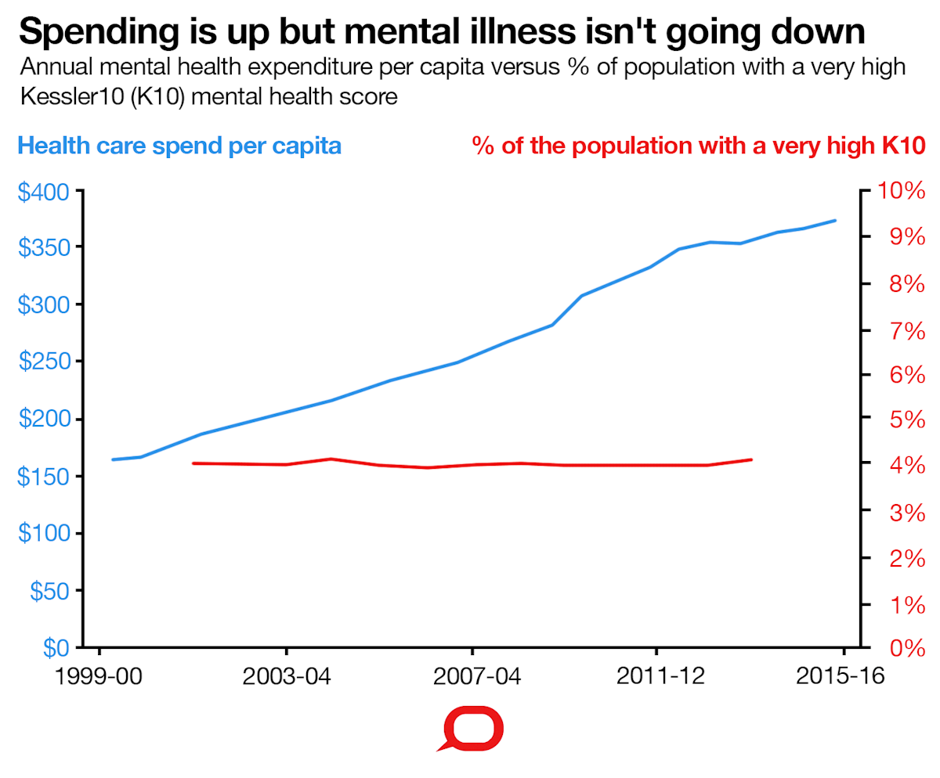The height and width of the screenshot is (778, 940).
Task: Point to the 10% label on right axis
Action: (x=902, y=191)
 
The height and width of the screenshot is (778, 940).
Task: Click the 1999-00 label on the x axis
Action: (x=99, y=675)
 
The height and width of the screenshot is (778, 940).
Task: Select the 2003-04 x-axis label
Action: (x=287, y=675)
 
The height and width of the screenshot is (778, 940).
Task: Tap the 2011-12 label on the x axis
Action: (x=656, y=675)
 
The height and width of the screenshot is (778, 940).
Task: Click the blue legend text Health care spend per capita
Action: (x=179, y=146)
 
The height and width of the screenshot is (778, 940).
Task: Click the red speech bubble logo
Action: (x=471, y=729)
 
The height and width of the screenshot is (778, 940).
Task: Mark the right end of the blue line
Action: (x=836, y=221)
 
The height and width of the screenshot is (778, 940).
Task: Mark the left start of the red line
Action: (x=193, y=463)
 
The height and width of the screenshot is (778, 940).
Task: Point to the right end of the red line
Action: (x=752, y=459)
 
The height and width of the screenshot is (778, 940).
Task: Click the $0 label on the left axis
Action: (x=56, y=648)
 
